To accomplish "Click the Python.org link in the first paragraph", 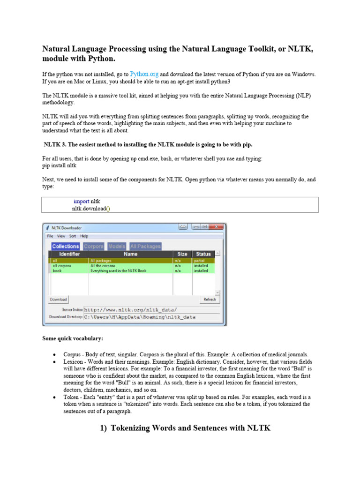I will tap(144, 74).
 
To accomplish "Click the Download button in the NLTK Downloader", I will tap(59, 300).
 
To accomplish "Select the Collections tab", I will tap(66, 246).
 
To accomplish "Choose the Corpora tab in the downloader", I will tap(93, 246).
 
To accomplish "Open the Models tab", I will tap(117, 246).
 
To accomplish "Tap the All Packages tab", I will tap(145, 246).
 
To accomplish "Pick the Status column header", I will tap(203, 254).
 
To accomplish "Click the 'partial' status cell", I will tap(199, 260).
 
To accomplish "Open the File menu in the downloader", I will tap(50, 236).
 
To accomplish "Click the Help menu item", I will tap(84, 236).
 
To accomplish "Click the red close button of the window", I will tap(216, 227).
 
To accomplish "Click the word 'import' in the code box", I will tap(81, 202).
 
